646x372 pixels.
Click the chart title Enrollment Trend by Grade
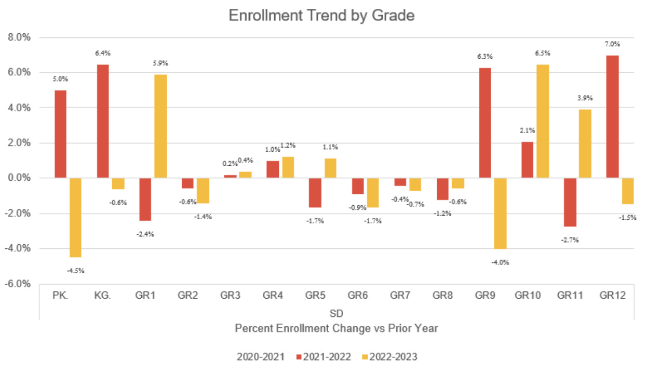pyautogui.click(x=321, y=16)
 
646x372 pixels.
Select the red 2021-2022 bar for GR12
pyautogui.click(x=613, y=116)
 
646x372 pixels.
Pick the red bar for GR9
pyautogui.click(x=484, y=123)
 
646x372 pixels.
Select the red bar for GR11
pyautogui.click(x=570, y=202)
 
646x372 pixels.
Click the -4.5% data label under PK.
pyautogui.click(x=75, y=270)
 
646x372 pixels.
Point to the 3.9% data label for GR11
pyautogui.click(x=585, y=98)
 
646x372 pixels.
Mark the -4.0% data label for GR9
pyautogui.click(x=500, y=262)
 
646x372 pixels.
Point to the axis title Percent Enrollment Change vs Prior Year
pyautogui.click(x=336, y=328)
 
